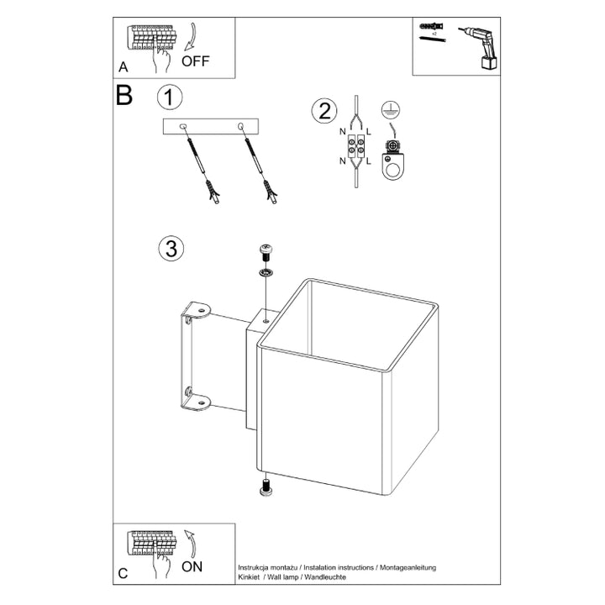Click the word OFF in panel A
[x=195, y=60]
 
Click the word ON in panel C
[x=192, y=566]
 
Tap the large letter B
[x=124, y=95]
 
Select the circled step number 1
[x=170, y=97]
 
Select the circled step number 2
[x=323, y=111]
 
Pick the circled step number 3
[x=170, y=249]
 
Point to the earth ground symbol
[x=388, y=108]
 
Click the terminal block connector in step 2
[x=355, y=148]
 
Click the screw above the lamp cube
[x=266, y=250]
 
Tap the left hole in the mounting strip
[x=186, y=127]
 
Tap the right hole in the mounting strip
[x=242, y=127]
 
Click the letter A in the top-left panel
[x=123, y=66]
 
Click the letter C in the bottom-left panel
[x=123, y=574]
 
